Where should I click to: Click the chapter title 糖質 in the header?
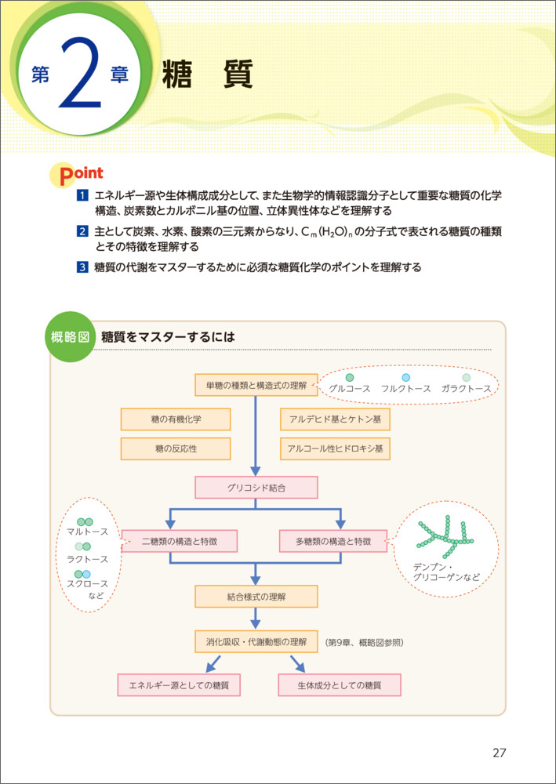coord(206,76)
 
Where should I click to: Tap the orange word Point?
coord(77,174)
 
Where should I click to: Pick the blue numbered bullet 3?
coord(81,267)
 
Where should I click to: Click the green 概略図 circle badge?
coord(72,337)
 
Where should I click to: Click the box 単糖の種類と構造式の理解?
coord(256,385)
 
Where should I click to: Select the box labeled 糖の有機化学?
coord(176,419)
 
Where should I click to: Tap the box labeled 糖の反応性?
coord(176,449)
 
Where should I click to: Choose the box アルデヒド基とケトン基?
coord(335,419)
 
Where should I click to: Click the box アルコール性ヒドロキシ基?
coord(335,449)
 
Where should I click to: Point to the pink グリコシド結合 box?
coord(256,488)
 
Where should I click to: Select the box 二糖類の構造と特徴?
coord(180,541)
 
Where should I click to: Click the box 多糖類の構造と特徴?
coord(333,541)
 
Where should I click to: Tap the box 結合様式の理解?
coord(256,597)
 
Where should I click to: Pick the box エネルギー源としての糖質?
coord(179,685)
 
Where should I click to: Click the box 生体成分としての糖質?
coord(340,685)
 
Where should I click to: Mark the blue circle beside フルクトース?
coord(405,378)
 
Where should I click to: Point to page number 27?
coord(500,753)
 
